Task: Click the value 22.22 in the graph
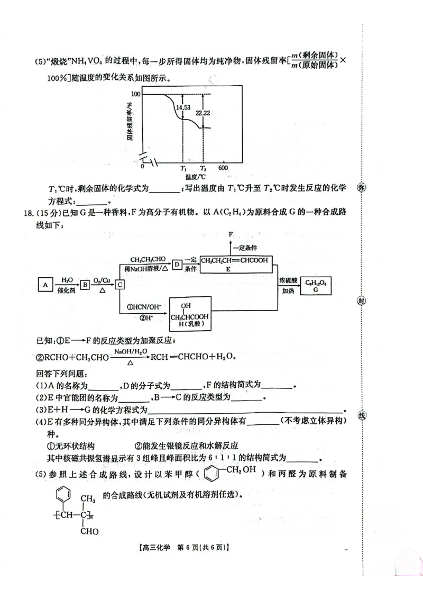tap(203, 113)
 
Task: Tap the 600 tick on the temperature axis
tap(223, 168)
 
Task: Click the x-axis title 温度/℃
tap(195, 176)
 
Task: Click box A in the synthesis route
tap(45, 285)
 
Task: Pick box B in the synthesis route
tap(85, 285)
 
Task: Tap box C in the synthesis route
tap(121, 285)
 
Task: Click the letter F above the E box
tap(231, 234)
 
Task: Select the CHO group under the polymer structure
tap(89, 531)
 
